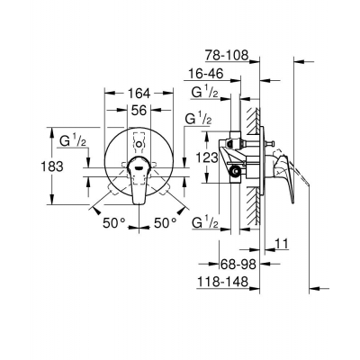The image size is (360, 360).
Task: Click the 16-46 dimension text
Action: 220,72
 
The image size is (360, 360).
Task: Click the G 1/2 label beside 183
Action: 72,140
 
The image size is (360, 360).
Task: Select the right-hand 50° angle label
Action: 164,221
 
